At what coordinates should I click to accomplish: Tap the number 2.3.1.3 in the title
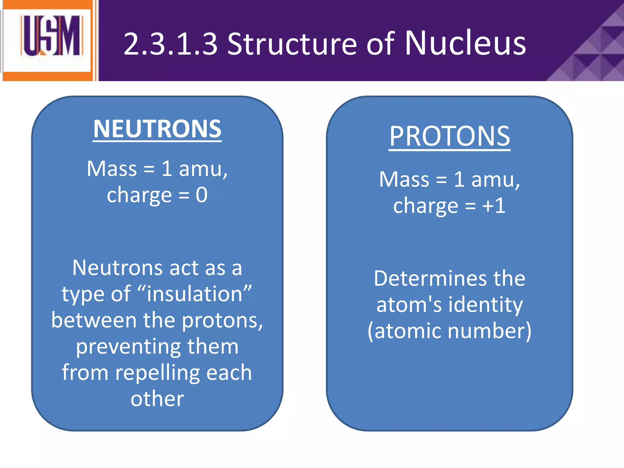click(171, 44)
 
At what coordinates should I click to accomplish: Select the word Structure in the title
click(292, 44)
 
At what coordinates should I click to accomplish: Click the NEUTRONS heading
click(157, 129)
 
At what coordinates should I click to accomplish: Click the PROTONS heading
click(449, 136)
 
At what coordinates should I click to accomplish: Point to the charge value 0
click(202, 195)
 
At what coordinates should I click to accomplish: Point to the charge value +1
click(494, 206)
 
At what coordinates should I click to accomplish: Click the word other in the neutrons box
click(157, 399)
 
